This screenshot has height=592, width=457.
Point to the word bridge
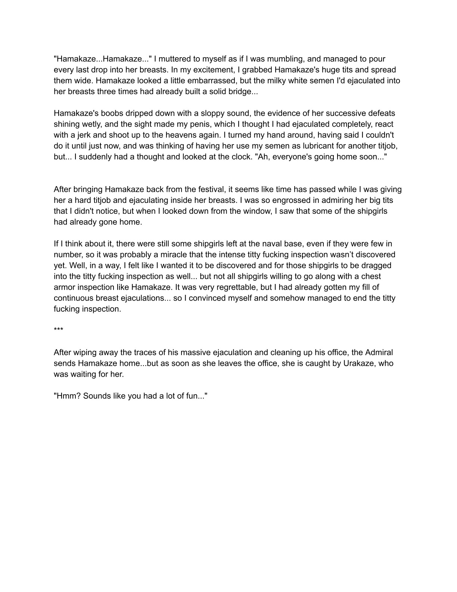point(240,92)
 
